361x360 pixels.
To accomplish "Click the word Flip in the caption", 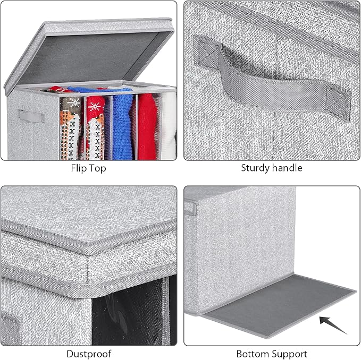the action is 78,168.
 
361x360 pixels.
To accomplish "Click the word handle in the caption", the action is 288,168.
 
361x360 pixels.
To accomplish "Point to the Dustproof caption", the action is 89,354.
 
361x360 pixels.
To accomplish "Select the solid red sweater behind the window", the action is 148,126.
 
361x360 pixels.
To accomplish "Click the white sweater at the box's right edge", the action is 169,126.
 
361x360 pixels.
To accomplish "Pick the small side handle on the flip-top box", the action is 31,116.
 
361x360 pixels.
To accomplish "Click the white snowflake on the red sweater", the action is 94,106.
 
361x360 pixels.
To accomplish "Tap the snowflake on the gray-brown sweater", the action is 74,102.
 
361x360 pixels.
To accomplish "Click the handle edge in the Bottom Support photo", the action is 191,208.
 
